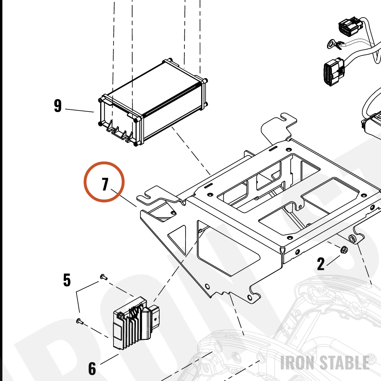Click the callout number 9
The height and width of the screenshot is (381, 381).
(x=58, y=106)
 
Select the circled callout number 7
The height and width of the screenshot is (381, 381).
(x=105, y=184)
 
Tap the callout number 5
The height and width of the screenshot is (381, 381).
(x=67, y=280)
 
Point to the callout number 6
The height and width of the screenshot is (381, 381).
(x=92, y=368)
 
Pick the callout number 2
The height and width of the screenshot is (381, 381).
(x=321, y=264)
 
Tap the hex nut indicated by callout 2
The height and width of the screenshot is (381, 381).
(x=344, y=250)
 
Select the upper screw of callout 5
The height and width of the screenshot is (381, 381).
(x=104, y=277)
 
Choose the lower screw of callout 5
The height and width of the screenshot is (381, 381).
(x=80, y=322)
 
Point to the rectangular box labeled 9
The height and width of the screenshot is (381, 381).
(x=153, y=102)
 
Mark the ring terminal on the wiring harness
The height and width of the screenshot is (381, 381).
(x=335, y=45)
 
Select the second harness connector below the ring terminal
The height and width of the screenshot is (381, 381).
(x=334, y=71)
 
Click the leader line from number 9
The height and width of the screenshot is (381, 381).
(x=80, y=110)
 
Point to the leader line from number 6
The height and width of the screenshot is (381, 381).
(x=109, y=359)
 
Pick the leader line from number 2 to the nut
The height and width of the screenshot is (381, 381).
(x=333, y=261)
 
